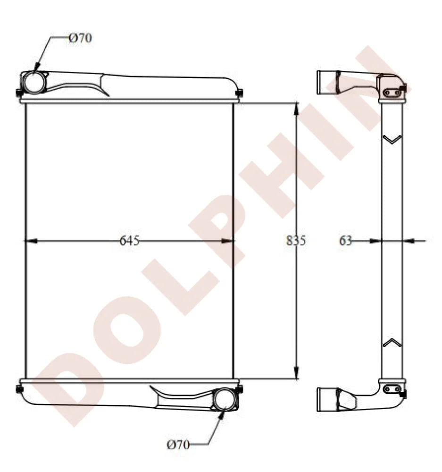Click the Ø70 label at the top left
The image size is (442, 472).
tap(80, 38)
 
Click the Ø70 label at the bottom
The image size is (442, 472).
tap(178, 444)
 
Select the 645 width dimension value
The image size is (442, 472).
tap(129, 241)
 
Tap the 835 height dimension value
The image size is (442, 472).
tap(296, 241)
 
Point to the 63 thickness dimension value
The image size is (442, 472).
tap(346, 241)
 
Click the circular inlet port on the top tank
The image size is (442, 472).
tap(35, 82)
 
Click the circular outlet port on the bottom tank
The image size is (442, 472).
tap(224, 399)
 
